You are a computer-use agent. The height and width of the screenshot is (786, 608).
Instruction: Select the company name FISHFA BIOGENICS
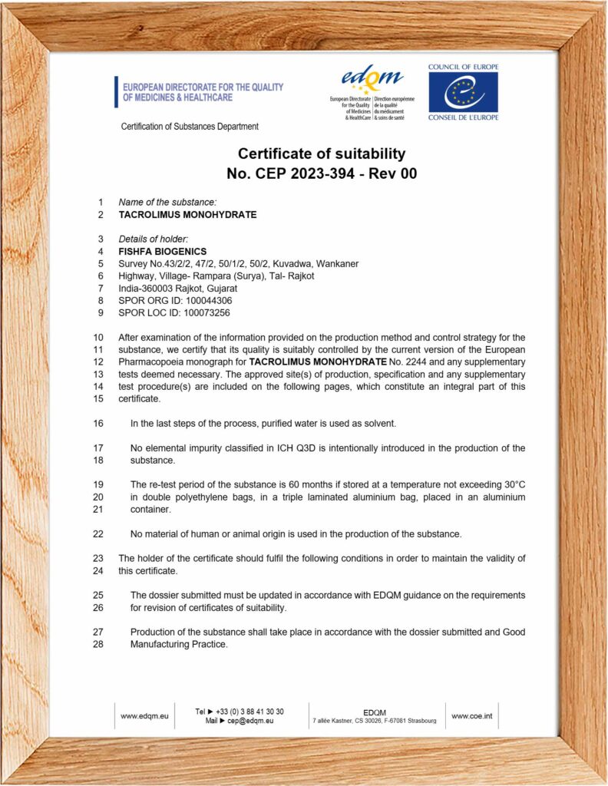[162, 251]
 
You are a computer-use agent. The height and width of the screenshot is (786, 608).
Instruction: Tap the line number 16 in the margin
[97, 423]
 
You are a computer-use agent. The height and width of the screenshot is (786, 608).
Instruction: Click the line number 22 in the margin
[97, 533]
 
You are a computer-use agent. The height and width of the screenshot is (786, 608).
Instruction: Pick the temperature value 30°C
[510, 484]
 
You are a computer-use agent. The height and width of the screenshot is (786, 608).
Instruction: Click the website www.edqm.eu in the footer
[144, 716]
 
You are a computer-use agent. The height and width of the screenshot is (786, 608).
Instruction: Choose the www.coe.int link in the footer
[471, 716]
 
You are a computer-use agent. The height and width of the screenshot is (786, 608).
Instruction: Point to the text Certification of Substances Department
[190, 127]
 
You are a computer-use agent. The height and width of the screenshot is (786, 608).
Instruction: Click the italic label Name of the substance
[162, 202]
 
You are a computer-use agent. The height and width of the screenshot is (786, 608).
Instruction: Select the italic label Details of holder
[153, 239]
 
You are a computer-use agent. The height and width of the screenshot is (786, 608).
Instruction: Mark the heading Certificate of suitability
[321, 154]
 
